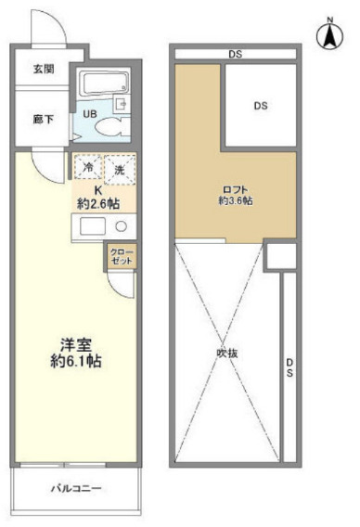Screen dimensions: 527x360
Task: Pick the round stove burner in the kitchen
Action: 121,227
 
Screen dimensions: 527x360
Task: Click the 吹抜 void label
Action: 228,353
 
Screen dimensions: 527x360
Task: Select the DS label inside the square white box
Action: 261,105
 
